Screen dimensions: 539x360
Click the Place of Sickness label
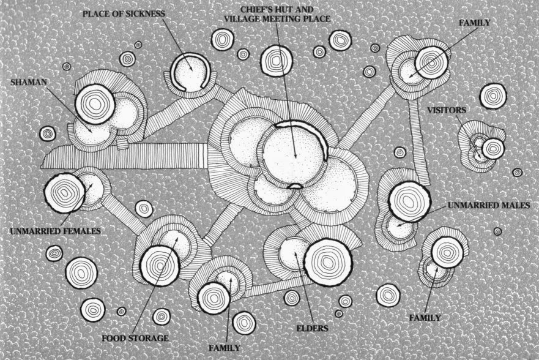[x=124, y=14]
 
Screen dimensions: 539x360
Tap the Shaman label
[x=29, y=82]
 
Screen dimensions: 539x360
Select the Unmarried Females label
[x=55, y=231]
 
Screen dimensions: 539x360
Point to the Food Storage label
[x=135, y=338]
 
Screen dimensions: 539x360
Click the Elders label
[x=312, y=328]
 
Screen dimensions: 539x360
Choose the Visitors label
[x=447, y=110]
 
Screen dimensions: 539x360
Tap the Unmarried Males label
[x=489, y=205]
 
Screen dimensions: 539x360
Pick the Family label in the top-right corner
[x=475, y=23]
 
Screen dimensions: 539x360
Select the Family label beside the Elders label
[x=225, y=348]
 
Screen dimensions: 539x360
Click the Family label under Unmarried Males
[x=425, y=318]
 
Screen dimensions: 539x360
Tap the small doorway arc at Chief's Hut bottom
[x=295, y=186]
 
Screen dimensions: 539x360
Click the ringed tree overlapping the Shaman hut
[x=95, y=103]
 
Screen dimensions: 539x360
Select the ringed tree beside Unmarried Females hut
[x=65, y=193]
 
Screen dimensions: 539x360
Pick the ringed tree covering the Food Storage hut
[x=160, y=266]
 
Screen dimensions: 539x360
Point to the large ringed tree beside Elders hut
[x=328, y=263]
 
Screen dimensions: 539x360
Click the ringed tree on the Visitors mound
[x=493, y=149]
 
